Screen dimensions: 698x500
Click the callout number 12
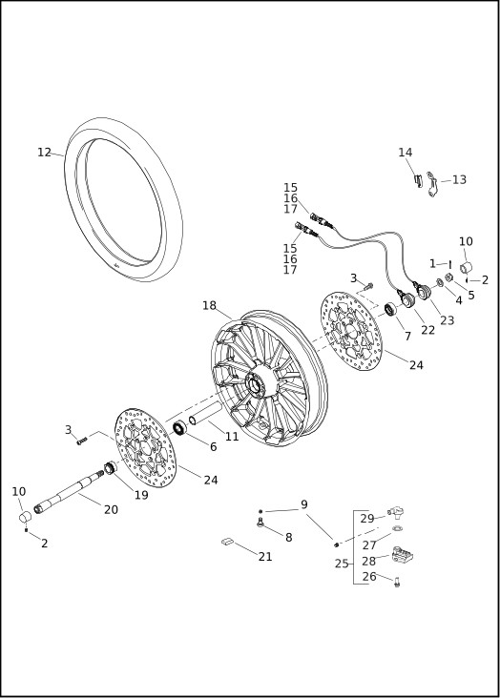[44, 152]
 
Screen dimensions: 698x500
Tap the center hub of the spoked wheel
[256, 385]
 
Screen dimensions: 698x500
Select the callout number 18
[209, 306]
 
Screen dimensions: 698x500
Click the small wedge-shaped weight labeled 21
[226, 542]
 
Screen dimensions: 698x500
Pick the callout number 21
[264, 556]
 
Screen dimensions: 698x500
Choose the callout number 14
[406, 153]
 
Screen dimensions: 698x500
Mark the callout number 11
[232, 436]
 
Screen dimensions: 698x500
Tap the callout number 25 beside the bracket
[342, 564]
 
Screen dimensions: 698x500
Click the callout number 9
[303, 504]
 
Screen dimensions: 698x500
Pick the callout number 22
[428, 330]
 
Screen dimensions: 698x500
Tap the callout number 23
[447, 320]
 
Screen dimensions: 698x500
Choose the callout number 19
[140, 495]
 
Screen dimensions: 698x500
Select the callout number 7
[407, 336]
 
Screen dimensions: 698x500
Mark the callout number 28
[367, 561]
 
